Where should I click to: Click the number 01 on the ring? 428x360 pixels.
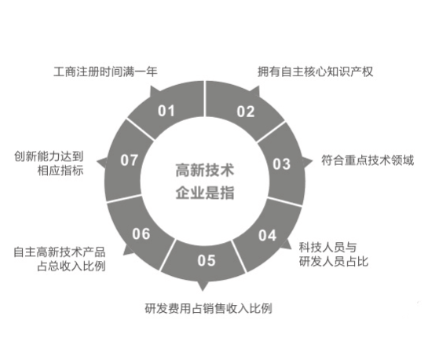(x=166, y=111)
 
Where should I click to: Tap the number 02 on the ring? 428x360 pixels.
(x=246, y=112)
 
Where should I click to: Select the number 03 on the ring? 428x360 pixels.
(x=281, y=164)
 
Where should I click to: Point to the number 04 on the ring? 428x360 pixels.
(x=267, y=236)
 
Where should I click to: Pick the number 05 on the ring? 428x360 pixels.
(x=207, y=260)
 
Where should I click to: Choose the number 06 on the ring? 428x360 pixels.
(x=141, y=233)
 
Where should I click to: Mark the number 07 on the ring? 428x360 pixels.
(x=129, y=160)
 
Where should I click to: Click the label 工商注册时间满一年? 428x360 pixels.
(x=105, y=72)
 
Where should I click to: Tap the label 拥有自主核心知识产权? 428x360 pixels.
(x=315, y=72)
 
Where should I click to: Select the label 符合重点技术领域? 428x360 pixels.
(x=368, y=160)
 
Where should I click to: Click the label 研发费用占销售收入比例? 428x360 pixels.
(x=209, y=308)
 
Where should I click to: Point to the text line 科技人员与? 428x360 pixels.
(x=327, y=248)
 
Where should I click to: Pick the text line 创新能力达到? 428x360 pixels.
(x=49, y=156)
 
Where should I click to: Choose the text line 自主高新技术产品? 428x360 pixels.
(x=60, y=252)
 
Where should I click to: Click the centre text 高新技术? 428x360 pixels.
(x=205, y=170)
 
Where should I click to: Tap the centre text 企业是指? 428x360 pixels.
(x=205, y=193)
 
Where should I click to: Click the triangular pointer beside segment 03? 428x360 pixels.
(x=307, y=162)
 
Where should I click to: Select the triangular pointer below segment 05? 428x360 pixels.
(x=203, y=285)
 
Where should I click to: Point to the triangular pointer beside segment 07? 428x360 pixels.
(x=102, y=162)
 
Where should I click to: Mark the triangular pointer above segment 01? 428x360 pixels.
(x=154, y=91)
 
